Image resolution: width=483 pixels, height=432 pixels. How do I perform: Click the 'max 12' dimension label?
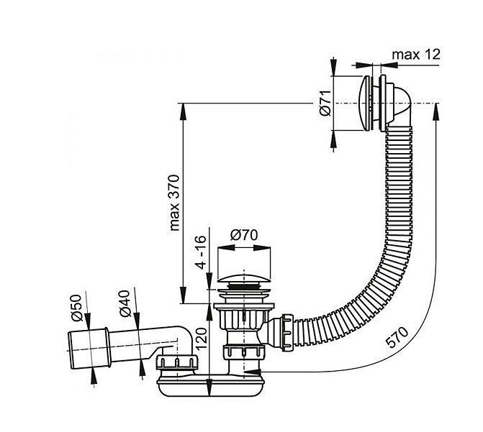click(x=416, y=55)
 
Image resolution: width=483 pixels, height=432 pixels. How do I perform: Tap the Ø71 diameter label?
click(x=325, y=103)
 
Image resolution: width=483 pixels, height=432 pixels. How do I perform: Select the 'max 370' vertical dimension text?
click(x=174, y=203)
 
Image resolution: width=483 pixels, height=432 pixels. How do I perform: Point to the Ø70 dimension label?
click(x=244, y=235)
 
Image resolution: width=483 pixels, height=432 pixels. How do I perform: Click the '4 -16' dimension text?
click(x=201, y=252)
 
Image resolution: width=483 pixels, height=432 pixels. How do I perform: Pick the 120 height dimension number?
click(x=201, y=339)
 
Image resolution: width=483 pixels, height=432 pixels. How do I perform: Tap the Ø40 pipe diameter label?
click(x=125, y=303)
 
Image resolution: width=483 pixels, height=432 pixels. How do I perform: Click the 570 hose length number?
click(x=397, y=337)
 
